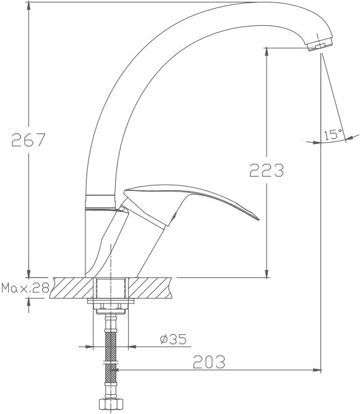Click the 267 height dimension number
29,140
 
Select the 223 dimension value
267,170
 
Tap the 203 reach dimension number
209,361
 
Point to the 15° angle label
333,134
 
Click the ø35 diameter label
173,339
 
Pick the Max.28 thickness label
25,288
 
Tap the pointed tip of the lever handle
259,219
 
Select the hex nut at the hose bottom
111,404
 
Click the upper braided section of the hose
111,346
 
